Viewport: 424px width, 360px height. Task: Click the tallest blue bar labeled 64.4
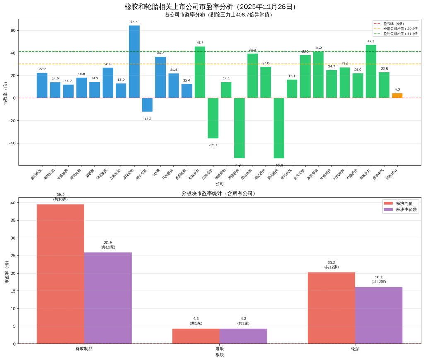coord(134,62)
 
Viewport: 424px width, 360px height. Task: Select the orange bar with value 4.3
coord(397,96)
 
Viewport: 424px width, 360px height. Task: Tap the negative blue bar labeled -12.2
coord(147,105)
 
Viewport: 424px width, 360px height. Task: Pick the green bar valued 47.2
coord(371,71)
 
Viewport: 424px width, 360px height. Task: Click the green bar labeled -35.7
coord(213,118)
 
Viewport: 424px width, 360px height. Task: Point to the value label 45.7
coord(200,43)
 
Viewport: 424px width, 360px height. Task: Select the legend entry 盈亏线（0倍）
coord(393,24)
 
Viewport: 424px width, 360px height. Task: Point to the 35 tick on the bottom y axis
coord(13,221)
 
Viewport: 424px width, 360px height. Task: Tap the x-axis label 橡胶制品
coord(84,349)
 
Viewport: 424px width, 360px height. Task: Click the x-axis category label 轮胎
coord(355,349)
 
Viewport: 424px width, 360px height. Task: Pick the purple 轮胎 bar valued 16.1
coord(379,315)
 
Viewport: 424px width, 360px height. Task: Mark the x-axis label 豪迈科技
coord(36,174)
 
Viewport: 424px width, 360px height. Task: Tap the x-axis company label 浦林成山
coord(392,174)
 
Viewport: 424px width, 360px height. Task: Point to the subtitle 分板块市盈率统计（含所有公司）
coord(219,193)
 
